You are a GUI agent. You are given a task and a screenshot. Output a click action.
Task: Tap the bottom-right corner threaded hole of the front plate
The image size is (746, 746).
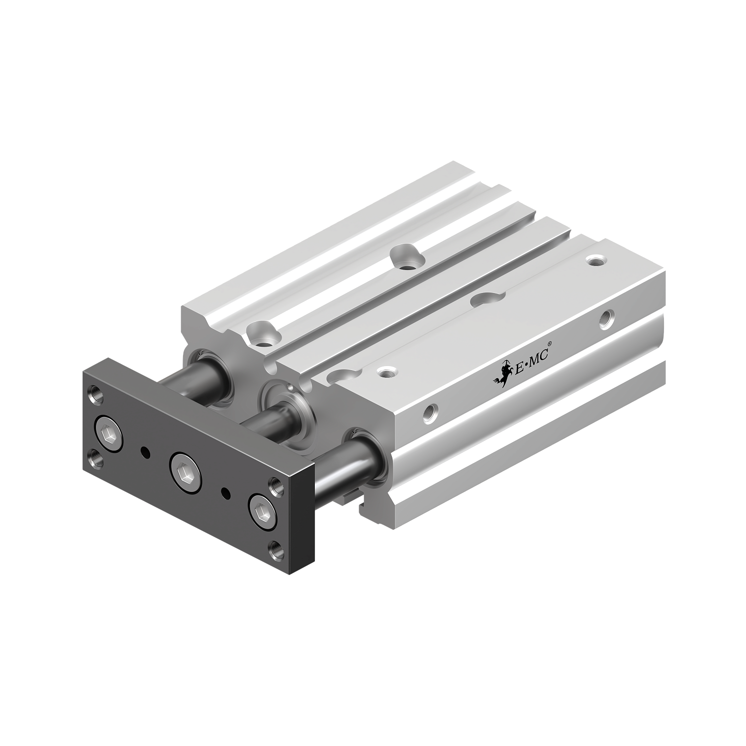point(275,549)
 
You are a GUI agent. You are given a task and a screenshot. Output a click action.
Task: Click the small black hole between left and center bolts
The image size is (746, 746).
point(144,452)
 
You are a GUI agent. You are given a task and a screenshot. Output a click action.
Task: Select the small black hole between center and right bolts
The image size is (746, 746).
point(225,493)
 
